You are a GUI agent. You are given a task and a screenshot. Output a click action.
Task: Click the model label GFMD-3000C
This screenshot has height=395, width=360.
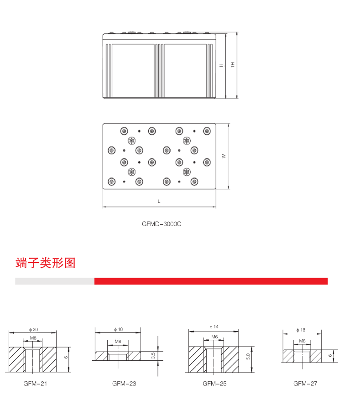pyautogui.click(x=159, y=224)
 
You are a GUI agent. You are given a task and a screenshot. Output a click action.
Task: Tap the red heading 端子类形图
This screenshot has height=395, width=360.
pyautogui.click(x=45, y=263)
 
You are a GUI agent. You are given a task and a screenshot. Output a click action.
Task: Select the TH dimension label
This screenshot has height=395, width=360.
pyautogui.click(x=232, y=65)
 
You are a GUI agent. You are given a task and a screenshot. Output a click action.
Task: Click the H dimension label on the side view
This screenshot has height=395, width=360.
pyautogui.click(x=221, y=65)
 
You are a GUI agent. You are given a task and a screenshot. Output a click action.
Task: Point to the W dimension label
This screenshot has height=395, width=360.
pyautogui.click(x=224, y=156)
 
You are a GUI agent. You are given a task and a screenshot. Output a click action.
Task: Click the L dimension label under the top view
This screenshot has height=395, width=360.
pyautogui.click(x=159, y=201)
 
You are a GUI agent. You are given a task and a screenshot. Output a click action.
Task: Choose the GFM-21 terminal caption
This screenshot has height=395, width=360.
pyautogui.click(x=35, y=384)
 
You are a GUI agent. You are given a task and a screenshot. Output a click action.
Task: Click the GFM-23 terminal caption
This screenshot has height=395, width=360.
pyautogui.click(x=124, y=384)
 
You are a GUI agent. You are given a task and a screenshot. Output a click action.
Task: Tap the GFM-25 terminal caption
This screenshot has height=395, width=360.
pyautogui.click(x=214, y=384)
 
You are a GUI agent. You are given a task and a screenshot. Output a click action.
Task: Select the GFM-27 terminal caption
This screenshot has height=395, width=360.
pyautogui.click(x=305, y=384)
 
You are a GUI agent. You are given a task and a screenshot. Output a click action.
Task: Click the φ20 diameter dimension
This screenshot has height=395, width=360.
pyautogui.click(x=33, y=329)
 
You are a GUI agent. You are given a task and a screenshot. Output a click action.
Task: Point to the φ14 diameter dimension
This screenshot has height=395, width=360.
pyautogui.click(x=214, y=327)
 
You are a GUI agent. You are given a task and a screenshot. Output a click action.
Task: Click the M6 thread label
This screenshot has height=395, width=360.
pyautogui.click(x=214, y=337)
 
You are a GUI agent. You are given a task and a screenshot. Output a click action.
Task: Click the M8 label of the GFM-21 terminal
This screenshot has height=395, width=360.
pyautogui.click(x=33, y=338)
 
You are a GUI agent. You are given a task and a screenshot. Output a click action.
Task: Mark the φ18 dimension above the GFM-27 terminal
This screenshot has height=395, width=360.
pyautogui.click(x=301, y=330)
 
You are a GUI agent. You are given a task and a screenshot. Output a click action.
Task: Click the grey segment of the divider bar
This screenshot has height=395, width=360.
pyautogui.click(x=54, y=281)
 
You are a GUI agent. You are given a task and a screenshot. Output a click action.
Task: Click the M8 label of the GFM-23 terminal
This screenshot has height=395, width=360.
pyautogui.click(x=118, y=341)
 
